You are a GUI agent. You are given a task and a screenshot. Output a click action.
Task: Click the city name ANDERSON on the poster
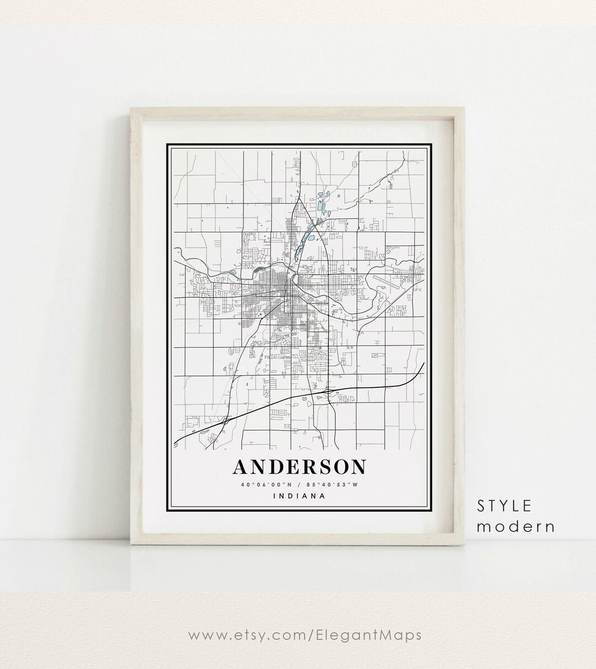point(299,466)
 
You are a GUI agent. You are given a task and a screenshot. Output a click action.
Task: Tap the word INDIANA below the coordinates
point(299,496)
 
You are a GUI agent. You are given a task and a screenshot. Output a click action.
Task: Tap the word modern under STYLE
point(515,526)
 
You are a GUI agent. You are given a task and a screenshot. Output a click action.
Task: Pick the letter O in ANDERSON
point(342,466)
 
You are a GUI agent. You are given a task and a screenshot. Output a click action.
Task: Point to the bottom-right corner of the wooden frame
point(466,546)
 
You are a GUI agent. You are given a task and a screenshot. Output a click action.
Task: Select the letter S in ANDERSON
point(325,466)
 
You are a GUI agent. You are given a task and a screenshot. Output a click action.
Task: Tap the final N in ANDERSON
point(358,466)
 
